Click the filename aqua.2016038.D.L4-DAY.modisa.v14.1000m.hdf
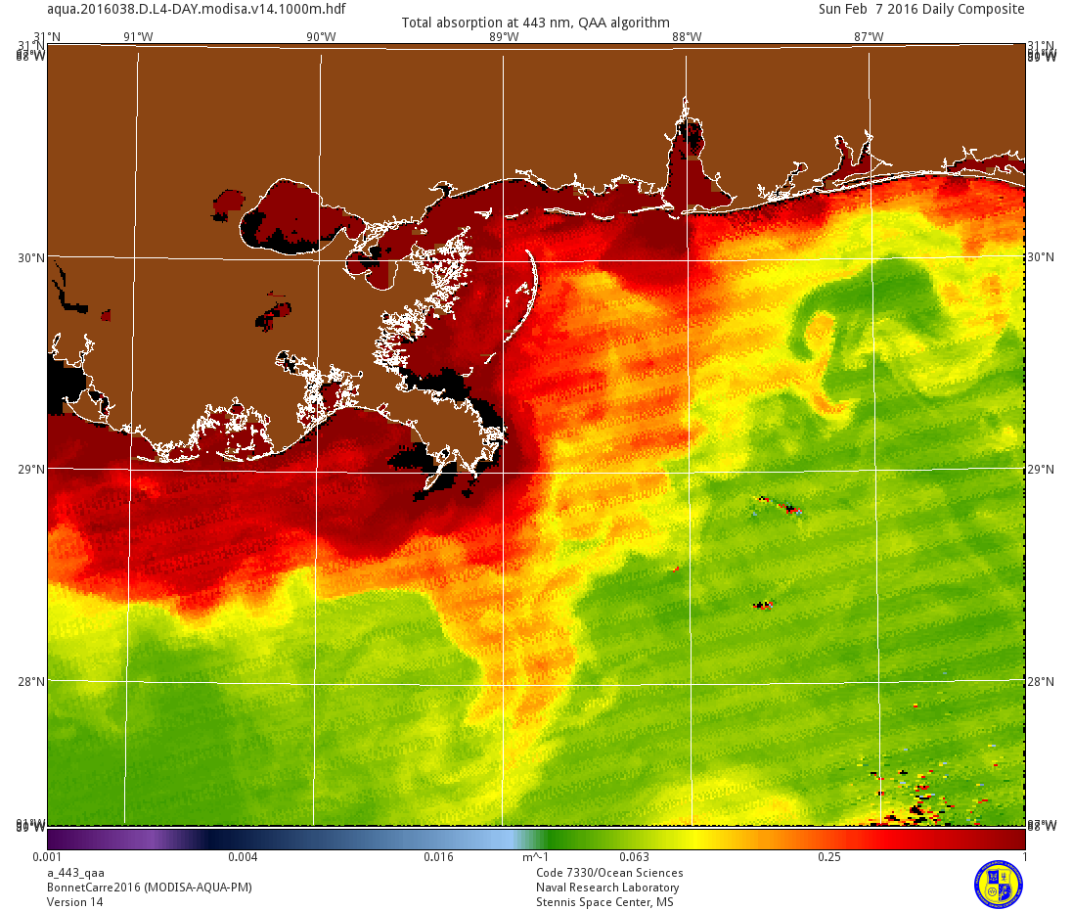point(196,9)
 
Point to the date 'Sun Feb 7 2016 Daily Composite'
point(921,9)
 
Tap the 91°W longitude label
point(138,37)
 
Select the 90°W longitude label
point(321,37)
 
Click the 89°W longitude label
point(503,37)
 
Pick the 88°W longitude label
point(686,37)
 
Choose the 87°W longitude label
point(869,37)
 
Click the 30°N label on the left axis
point(32,257)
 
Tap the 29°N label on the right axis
point(1041,469)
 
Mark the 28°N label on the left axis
point(32,681)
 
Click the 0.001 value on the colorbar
point(62,857)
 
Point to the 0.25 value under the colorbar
point(828,857)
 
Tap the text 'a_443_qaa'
point(75,873)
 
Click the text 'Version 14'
point(74,902)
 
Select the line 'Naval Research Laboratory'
point(607,888)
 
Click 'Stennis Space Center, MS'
point(604,902)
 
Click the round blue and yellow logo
point(998,883)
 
